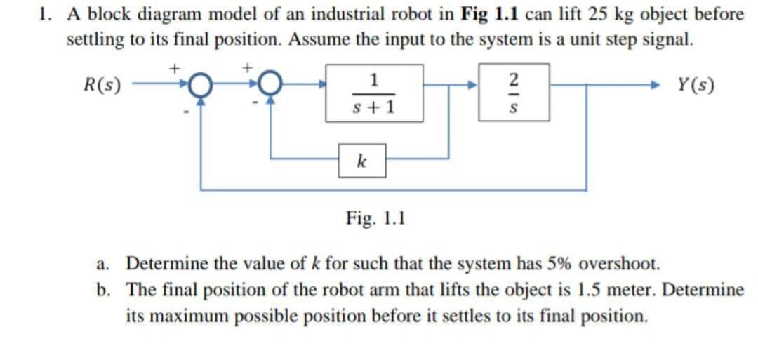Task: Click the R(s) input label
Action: coord(102,87)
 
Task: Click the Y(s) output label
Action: coord(697,87)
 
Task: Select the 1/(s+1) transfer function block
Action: coord(373,93)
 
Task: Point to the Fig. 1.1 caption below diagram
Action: coord(375,218)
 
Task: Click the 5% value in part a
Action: coord(552,265)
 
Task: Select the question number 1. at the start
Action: coord(45,14)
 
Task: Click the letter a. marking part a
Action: coord(102,265)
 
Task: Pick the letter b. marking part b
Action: coord(102,289)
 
